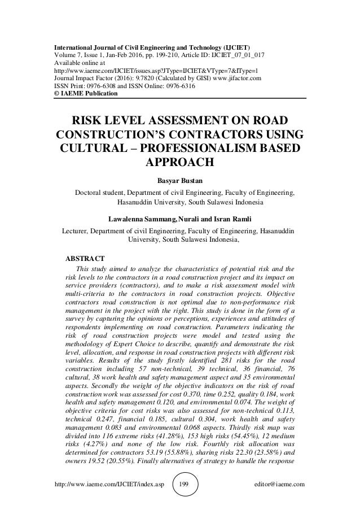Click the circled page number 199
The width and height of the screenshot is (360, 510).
(180, 484)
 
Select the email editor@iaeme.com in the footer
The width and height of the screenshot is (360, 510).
(279, 484)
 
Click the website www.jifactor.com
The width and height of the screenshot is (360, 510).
(245, 79)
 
